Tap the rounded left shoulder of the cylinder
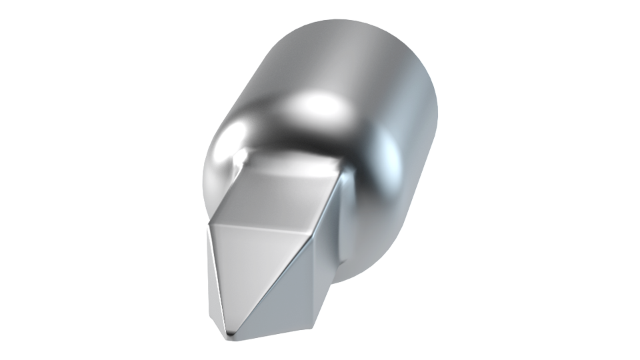(x=220, y=153)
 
